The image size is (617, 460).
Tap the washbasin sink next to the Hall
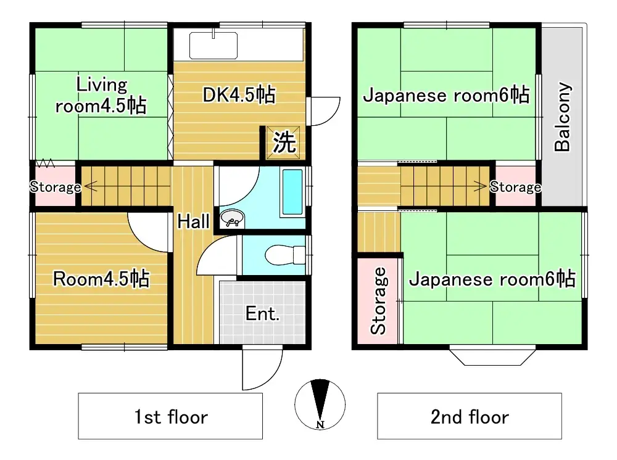point(233,220)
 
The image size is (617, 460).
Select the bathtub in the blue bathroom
point(292,191)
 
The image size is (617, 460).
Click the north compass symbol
point(320,405)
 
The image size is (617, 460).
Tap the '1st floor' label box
point(170,416)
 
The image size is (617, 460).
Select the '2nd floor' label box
point(469,416)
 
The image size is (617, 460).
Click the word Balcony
point(562,117)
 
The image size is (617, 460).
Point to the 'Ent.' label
point(262,314)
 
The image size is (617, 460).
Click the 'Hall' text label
point(193,221)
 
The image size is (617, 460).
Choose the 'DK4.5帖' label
point(239,95)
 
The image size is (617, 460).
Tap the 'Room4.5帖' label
point(101,279)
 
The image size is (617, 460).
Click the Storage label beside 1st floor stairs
point(55,187)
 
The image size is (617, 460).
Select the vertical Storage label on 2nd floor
point(378,301)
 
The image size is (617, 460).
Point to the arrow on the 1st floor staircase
point(89,184)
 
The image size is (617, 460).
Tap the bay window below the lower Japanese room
point(491,356)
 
